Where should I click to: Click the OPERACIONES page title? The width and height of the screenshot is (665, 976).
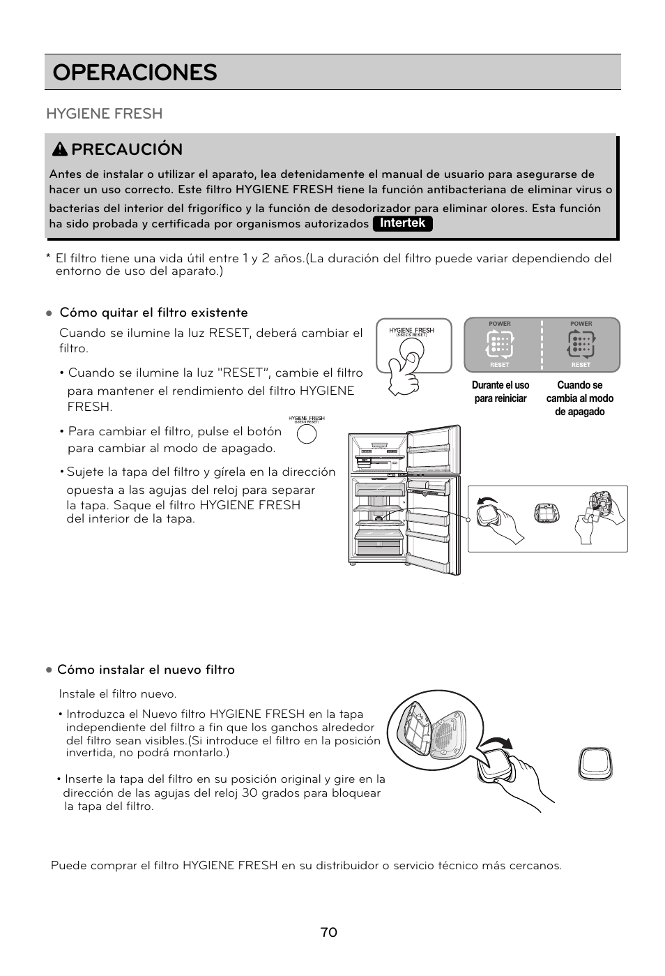(x=135, y=73)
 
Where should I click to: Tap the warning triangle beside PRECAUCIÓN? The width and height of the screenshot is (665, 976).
(x=61, y=149)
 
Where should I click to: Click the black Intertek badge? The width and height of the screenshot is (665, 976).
(x=402, y=223)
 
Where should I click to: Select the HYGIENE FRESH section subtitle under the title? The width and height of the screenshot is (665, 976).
(x=104, y=114)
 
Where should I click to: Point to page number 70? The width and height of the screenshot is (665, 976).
(x=329, y=933)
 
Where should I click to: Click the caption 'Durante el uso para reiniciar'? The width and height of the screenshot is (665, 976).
(x=500, y=392)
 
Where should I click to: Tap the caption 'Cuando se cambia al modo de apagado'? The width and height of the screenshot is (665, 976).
(x=580, y=398)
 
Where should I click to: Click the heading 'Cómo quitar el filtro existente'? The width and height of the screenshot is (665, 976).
(x=153, y=313)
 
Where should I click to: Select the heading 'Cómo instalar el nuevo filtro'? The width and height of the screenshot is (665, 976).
(x=146, y=670)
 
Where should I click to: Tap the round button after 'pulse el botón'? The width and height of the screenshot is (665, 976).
(x=307, y=434)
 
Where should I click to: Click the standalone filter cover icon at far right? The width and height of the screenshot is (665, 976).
(x=595, y=763)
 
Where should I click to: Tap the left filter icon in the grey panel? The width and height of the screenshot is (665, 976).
(x=500, y=343)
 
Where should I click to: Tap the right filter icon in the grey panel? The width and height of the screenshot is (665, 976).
(x=581, y=343)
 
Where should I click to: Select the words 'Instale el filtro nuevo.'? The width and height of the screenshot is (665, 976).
(x=118, y=694)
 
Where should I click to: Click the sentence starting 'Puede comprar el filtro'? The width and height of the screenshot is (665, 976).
(x=306, y=866)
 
